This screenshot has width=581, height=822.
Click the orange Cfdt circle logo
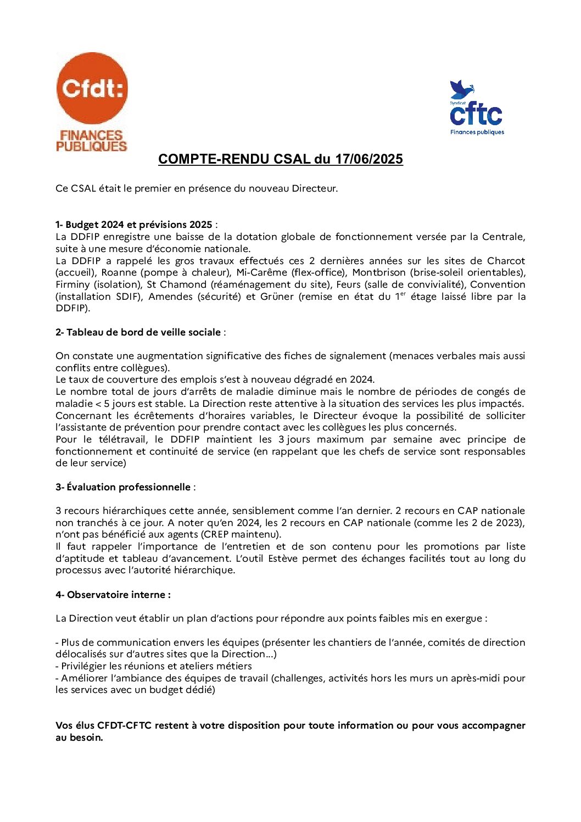92,88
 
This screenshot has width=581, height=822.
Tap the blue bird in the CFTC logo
461,89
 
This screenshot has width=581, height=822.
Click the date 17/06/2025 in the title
369,159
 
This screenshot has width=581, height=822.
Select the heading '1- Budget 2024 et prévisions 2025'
134,225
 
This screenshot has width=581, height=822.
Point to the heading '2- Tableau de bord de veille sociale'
138,332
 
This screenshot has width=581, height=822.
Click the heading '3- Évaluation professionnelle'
123,487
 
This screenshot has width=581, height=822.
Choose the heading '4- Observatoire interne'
113,595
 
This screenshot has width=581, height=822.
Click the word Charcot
506,261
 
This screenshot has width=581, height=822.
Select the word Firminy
72,284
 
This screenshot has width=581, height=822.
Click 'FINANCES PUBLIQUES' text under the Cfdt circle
92,141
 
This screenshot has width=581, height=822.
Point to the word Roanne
119,272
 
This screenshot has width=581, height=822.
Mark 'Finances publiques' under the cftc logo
477,132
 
